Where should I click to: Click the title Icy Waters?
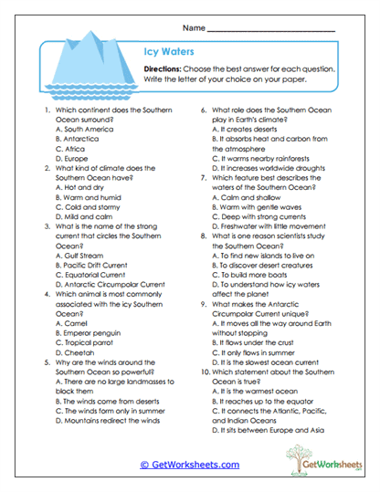tap(171, 53)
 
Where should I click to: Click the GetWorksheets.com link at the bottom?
tap(189, 465)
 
